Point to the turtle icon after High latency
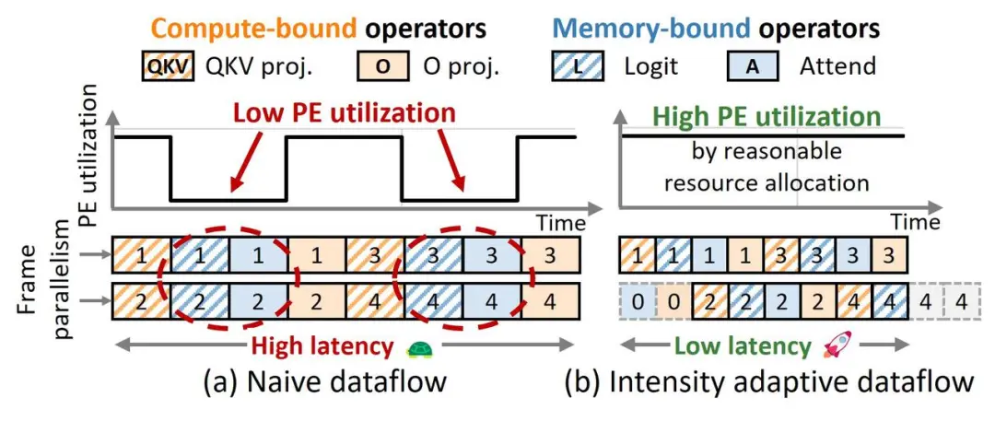coord(419,347)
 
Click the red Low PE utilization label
coord(344,113)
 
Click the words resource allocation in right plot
coord(767,182)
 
